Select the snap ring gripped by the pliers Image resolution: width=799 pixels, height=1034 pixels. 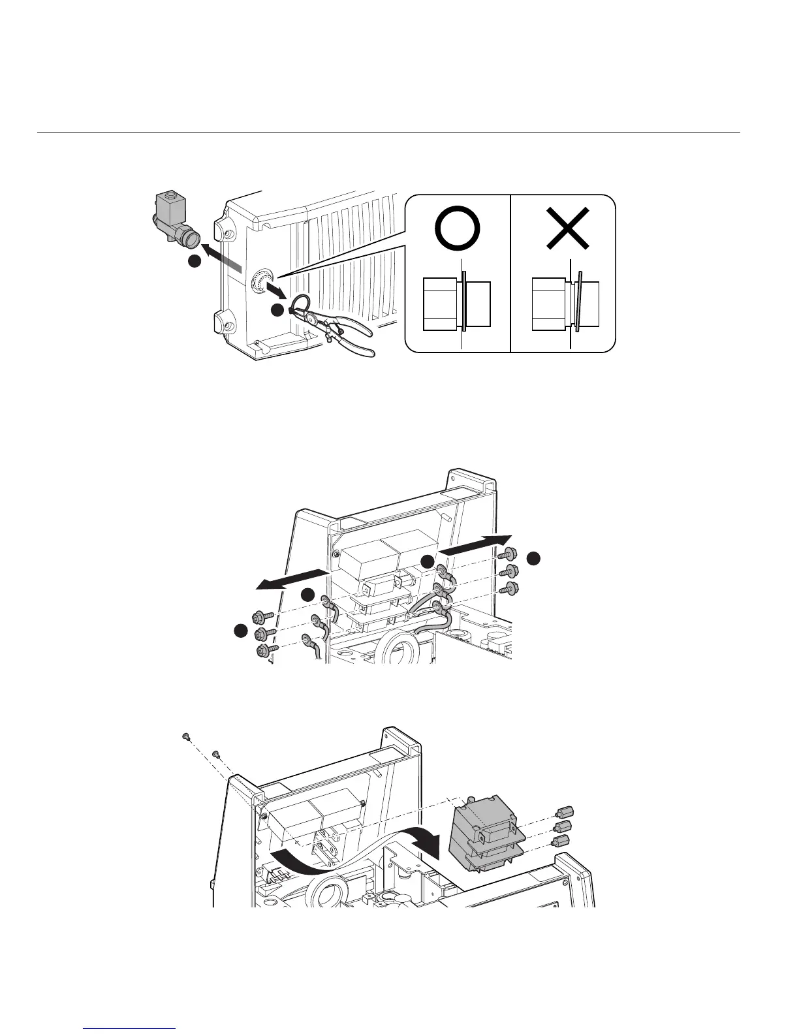click(301, 303)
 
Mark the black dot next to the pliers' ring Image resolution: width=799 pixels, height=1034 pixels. click(277, 311)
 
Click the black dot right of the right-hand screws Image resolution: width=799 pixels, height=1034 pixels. click(533, 557)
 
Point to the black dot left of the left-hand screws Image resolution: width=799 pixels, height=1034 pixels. click(240, 631)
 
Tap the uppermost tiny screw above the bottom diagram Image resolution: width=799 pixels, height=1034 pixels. click(185, 736)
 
